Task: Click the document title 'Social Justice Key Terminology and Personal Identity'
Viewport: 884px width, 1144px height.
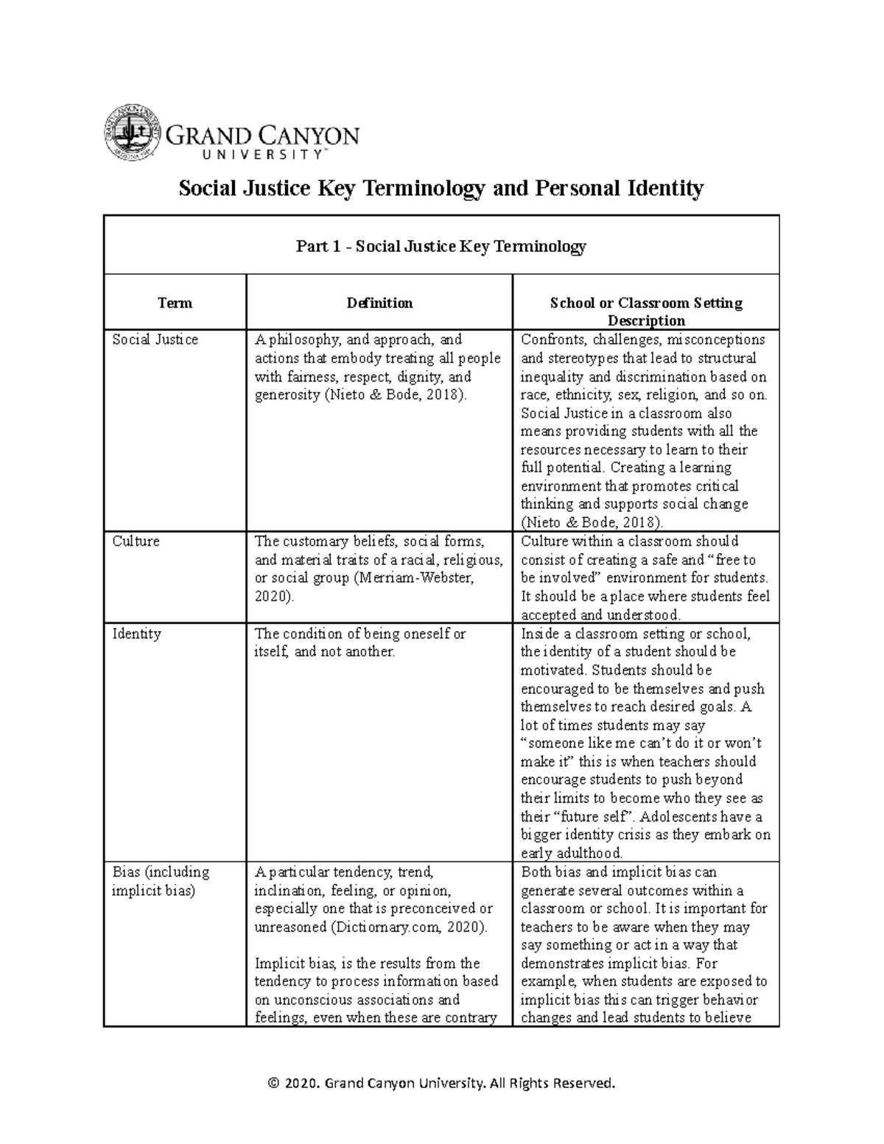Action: click(x=441, y=189)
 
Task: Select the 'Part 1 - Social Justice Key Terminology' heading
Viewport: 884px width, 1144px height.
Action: click(x=441, y=246)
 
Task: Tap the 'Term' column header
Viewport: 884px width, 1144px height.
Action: click(x=175, y=303)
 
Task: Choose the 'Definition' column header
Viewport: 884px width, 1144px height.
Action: click(x=379, y=303)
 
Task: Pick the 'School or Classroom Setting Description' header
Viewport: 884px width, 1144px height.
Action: click(x=646, y=312)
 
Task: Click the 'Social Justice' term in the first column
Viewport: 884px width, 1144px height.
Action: click(x=155, y=340)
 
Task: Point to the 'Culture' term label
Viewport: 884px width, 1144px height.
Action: click(x=136, y=541)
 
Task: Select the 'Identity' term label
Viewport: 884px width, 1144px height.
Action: click(x=136, y=634)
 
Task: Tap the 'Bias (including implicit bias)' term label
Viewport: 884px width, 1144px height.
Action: click(x=161, y=881)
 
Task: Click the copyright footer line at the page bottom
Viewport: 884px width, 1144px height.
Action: click(x=441, y=1083)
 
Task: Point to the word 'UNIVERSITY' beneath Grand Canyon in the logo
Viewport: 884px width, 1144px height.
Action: click(x=248, y=155)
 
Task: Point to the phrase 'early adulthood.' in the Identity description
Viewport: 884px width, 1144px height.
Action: click(x=572, y=854)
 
